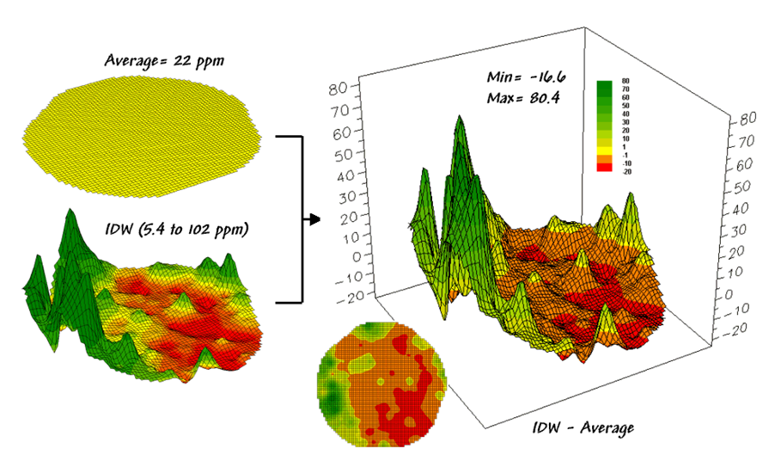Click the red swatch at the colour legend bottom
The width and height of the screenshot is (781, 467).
coord(605,169)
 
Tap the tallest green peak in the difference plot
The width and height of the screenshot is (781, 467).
coord(461,120)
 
